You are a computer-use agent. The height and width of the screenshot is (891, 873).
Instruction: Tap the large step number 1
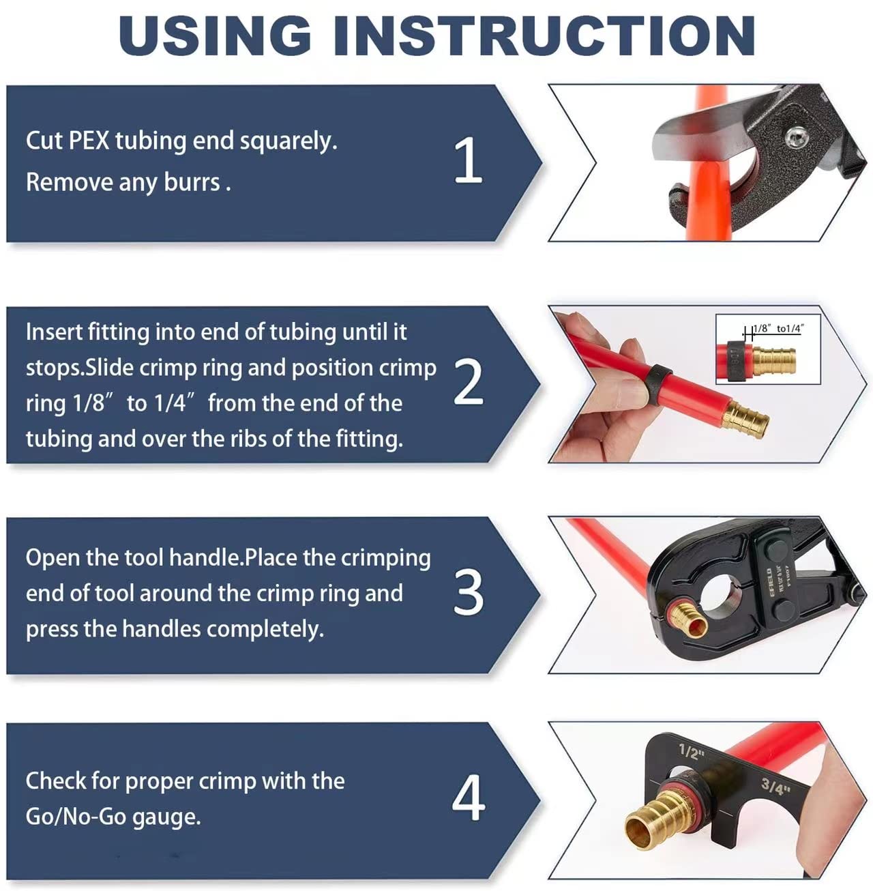click(x=469, y=160)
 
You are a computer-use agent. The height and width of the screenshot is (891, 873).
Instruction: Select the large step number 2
click(x=469, y=382)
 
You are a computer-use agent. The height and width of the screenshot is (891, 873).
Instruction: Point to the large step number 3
click(x=469, y=592)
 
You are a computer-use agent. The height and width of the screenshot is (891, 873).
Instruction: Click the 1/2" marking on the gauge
click(x=691, y=753)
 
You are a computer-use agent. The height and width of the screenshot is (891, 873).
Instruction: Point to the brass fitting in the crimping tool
click(x=687, y=617)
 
